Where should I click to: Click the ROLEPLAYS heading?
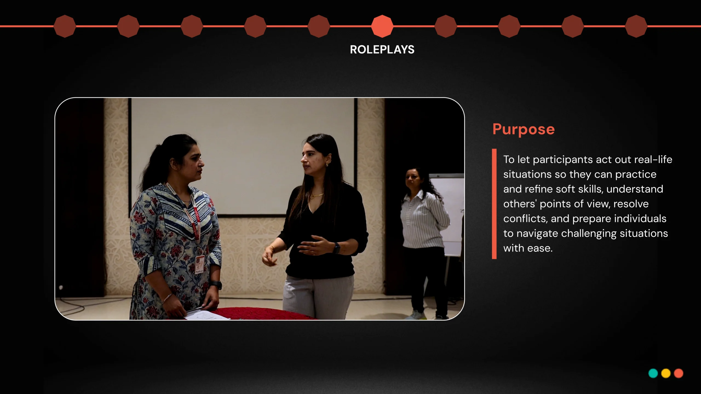coord(382,50)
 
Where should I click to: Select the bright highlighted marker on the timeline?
coord(382,26)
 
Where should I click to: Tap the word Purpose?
coord(524,129)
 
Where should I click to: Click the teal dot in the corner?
coord(653,373)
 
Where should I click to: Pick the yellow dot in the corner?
coord(666,373)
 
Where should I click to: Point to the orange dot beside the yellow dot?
coord(679,373)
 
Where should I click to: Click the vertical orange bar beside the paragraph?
coord(494,204)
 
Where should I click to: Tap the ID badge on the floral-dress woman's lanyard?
coord(199,264)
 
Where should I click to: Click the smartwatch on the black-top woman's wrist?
coord(336,248)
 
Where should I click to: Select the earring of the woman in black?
coord(327,165)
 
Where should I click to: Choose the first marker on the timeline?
coord(65,26)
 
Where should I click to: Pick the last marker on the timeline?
coord(636,26)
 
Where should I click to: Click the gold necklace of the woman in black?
coord(317,195)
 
